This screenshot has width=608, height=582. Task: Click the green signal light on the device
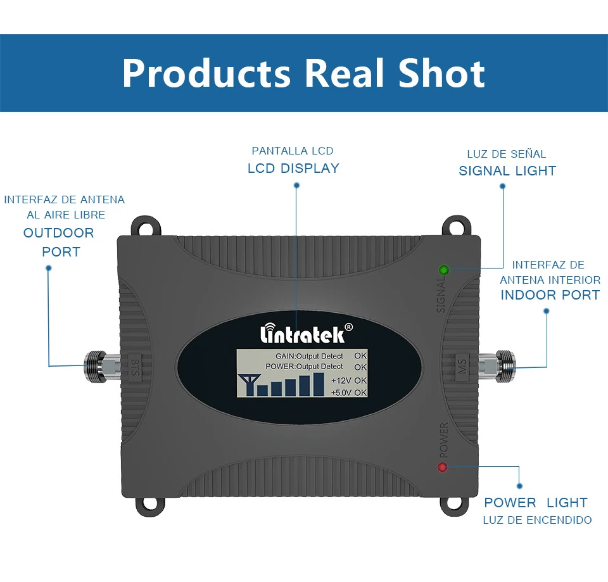click(x=443, y=270)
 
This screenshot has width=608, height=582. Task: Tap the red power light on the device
click(x=442, y=467)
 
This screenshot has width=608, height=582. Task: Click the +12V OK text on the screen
click(x=349, y=381)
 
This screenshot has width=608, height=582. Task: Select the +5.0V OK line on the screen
click(x=349, y=393)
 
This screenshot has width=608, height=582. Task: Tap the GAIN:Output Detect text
click(x=309, y=356)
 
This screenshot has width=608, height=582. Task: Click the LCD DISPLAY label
click(x=293, y=168)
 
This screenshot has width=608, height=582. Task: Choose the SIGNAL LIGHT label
click(x=507, y=171)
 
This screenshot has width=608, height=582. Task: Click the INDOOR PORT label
click(x=550, y=295)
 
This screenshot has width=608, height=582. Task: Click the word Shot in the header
click(x=441, y=73)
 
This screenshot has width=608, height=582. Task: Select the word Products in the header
click(x=206, y=73)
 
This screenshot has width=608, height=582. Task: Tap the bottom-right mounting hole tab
click(x=459, y=501)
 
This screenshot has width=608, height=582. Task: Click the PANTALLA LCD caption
click(x=293, y=151)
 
